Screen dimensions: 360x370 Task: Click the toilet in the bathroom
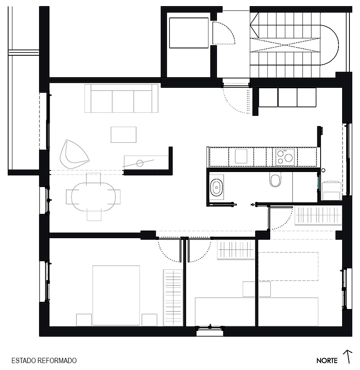pos(275,179)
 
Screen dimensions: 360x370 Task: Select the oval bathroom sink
pos(217,187)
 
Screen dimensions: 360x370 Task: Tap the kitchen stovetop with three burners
pos(285,157)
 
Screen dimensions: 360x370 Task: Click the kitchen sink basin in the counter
pos(241,156)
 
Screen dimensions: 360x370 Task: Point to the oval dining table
pos(93,196)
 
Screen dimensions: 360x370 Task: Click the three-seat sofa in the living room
pos(121,98)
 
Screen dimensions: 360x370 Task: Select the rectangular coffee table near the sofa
pos(124,135)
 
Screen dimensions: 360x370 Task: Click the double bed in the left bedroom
pos(116,296)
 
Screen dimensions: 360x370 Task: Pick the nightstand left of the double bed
pos(84,320)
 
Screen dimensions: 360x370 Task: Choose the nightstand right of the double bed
pos(150,320)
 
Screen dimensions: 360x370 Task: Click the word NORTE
pos(327,361)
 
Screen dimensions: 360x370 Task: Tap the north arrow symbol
pos(347,357)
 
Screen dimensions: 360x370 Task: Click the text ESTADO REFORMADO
pos(44,361)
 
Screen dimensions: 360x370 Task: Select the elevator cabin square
pos(189,33)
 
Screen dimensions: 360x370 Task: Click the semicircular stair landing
pos(330,45)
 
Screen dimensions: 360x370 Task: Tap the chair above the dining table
pos(93,179)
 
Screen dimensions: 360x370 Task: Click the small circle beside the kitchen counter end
pos(323,170)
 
